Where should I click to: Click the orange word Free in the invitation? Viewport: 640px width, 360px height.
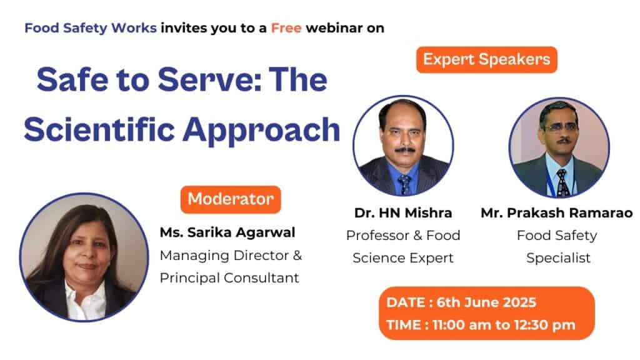click(x=286, y=28)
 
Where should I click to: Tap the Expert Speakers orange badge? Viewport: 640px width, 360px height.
click(x=486, y=59)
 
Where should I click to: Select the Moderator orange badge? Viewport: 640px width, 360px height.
click(x=231, y=199)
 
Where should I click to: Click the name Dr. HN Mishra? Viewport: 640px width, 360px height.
click(x=403, y=213)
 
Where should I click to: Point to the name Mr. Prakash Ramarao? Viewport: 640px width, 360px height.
click(x=556, y=213)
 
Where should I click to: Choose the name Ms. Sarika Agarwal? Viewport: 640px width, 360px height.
click(x=227, y=233)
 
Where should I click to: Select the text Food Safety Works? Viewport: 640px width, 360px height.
click(x=91, y=28)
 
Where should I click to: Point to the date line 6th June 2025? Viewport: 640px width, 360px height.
click(x=461, y=302)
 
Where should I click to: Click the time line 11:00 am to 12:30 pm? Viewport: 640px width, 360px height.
click(x=481, y=325)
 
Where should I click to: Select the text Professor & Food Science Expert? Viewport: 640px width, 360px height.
click(x=403, y=247)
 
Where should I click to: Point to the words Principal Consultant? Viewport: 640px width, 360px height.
click(x=229, y=278)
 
